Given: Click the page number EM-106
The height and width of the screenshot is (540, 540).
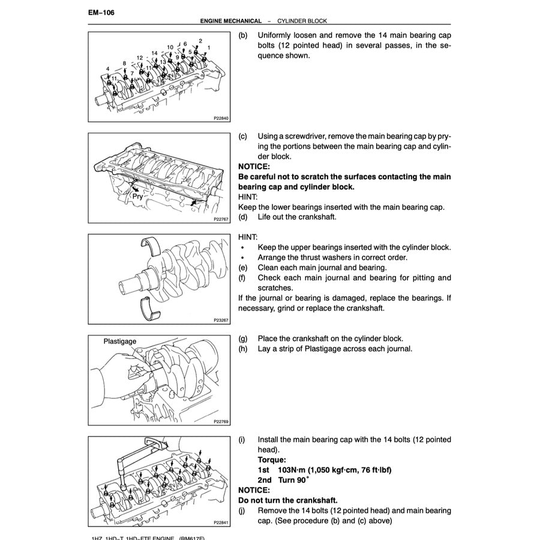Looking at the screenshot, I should coord(101,13).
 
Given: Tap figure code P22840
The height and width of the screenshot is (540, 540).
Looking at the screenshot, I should coord(221,119).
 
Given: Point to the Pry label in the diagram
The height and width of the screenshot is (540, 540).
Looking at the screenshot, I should coord(138,196).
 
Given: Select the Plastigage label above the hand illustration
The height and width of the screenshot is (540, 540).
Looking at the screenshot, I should coord(119,341).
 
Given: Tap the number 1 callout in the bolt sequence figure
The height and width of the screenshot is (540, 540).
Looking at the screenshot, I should coord(208,47).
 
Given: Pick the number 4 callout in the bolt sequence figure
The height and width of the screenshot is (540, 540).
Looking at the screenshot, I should coord(108,69).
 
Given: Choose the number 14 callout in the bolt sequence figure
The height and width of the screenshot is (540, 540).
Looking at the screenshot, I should coord(154,53).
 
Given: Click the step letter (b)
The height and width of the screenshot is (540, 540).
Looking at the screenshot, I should coord(242,35).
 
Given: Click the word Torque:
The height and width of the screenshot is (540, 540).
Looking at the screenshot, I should coord(272,460).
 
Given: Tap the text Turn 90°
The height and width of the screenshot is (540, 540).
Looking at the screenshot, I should coord(293,480).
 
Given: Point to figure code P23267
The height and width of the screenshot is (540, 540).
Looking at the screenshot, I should coord(221,320).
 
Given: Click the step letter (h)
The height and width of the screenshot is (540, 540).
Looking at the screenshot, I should coord(242,349).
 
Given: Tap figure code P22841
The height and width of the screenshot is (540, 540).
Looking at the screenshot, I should coord(221,523).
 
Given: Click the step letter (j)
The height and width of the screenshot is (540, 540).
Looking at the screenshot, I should coord(242,511).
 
